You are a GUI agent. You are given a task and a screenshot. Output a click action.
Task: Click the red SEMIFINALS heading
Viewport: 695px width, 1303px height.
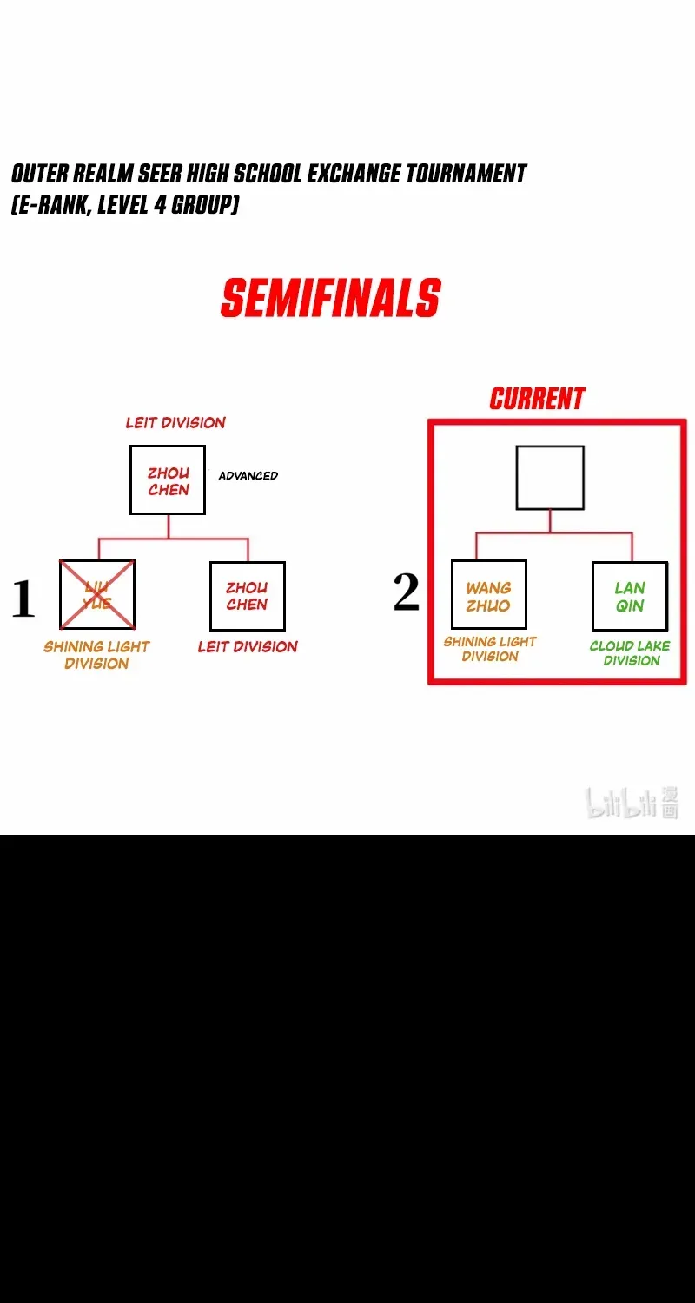click(330, 297)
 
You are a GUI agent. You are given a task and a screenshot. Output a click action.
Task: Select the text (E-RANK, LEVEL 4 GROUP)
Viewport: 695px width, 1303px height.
click(125, 204)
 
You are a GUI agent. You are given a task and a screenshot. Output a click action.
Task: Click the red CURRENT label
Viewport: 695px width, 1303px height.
click(537, 399)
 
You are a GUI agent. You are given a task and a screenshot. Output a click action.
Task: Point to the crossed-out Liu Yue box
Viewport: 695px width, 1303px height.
click(97, 594)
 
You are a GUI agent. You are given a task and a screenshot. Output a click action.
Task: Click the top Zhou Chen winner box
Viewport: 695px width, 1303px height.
click(168, 480)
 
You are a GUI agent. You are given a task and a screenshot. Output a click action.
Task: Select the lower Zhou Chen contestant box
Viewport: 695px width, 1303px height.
click(248, 596)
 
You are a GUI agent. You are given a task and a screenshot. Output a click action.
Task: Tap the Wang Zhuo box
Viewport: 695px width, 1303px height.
click(489, 594)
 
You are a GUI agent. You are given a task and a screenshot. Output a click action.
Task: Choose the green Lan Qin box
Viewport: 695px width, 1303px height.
click(630, 596)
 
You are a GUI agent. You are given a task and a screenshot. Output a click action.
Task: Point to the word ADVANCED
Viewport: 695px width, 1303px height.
click(248, 476)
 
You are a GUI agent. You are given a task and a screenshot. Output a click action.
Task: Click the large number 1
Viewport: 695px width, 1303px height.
click(23, 598)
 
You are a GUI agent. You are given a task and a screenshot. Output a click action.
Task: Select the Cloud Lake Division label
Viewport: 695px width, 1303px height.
click(631, 653)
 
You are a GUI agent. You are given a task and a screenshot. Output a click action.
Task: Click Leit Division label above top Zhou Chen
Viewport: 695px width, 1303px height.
click(175, 423)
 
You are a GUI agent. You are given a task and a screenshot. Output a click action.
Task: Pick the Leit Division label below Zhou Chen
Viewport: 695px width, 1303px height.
click(248, 647)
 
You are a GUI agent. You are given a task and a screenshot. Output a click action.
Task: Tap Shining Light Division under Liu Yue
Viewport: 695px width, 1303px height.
click(96, 655)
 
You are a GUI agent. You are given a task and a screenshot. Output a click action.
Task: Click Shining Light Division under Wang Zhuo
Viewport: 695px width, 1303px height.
click(490, 649)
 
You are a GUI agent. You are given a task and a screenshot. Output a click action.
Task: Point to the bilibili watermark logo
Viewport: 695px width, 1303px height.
click(632, 802)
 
